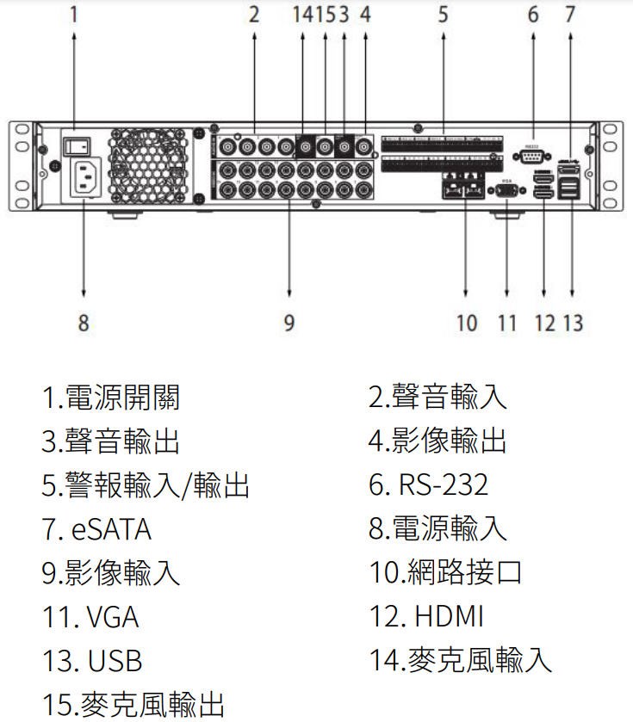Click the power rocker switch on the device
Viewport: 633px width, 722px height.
tap(75, 142)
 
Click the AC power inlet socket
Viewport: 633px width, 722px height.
tap(84, 179)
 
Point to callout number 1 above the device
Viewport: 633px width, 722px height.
tap(74, 15)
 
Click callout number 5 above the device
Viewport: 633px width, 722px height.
tap(442, 15)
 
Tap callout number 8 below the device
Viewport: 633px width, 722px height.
tap(83, 323)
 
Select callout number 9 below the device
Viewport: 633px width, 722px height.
tap(289, 323)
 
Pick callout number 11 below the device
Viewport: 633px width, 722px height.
tap(506, 323)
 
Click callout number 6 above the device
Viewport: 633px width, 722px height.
tap(533, 15)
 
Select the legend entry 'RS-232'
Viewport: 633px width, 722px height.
tap(442, 484)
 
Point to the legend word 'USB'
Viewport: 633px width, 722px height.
tap(114, 660)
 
